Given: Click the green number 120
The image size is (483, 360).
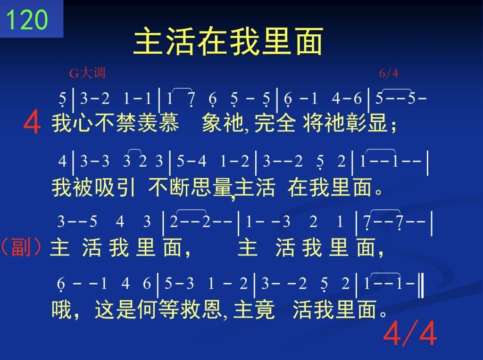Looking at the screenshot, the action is point(27,20).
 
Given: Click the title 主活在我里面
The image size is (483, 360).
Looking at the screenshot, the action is point(228,41).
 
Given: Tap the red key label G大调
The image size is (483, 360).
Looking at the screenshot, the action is point(87,73).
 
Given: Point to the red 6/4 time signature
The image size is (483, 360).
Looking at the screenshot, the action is point(389,73).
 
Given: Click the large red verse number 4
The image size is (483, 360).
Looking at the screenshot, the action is point(32,122).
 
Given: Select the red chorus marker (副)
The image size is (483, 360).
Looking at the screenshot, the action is point(21,247).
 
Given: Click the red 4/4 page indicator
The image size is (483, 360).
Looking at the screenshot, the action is point(410,333).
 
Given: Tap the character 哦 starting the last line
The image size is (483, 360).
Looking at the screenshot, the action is point(61,309).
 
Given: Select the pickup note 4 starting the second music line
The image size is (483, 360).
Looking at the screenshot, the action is point(63,161).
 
